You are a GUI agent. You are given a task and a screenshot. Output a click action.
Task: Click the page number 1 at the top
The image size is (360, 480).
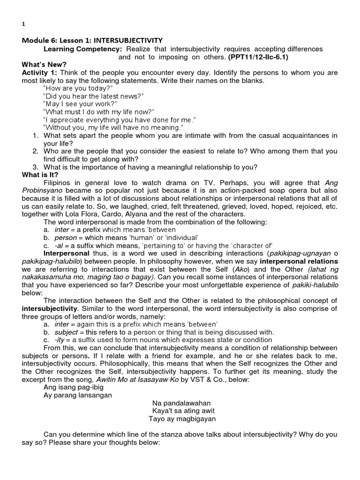point(23,24)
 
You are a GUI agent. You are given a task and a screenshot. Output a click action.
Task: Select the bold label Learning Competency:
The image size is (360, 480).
point(82,49)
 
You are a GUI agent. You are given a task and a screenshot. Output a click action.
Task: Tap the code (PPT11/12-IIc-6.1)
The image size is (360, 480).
point(258,57)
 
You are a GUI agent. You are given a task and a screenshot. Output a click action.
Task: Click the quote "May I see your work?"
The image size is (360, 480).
point(80,104)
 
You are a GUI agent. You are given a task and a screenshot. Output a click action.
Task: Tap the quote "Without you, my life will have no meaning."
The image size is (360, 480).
point(113,127)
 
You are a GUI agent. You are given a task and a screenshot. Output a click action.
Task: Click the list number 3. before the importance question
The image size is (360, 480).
point(35,167)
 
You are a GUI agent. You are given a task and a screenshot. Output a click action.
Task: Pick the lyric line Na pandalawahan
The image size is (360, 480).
point(181,403)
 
